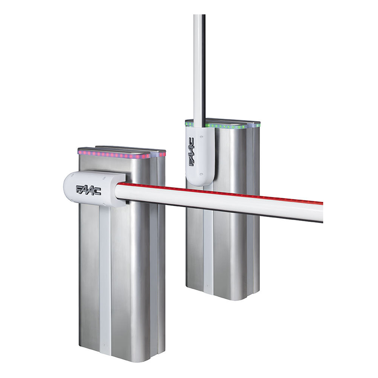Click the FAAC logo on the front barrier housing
coord(88,190)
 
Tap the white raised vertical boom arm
coord(197,68)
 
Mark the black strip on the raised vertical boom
coord(203,68)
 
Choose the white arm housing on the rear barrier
coord(200,155)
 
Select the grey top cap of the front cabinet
coord(121,149)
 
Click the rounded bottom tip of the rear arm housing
coord(200,183)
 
